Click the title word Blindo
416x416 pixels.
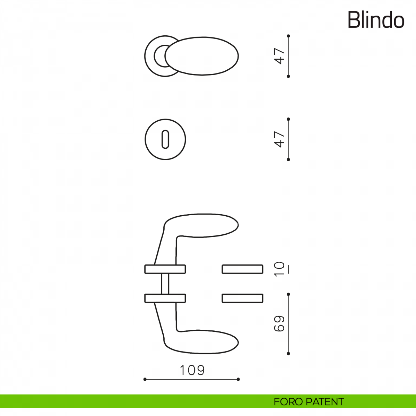point(376,20)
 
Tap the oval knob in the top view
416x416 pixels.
point(202,56)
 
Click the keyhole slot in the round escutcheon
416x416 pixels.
point(165,139)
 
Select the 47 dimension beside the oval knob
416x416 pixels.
point(279,56)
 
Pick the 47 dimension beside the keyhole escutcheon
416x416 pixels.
point(279,139)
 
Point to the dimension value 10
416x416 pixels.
point(279,269)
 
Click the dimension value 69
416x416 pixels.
point(279,323)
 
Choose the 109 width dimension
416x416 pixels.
point(192,370)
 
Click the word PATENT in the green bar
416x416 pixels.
point(325,402)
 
